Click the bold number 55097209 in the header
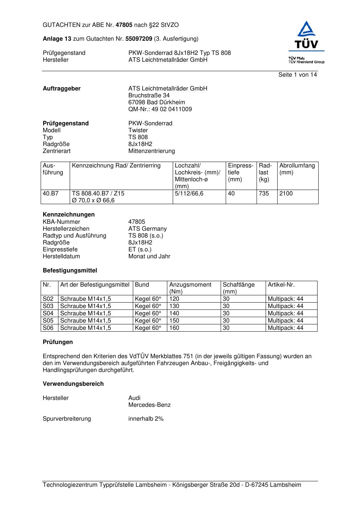(x=139, y=39)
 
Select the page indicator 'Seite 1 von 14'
(x=298, y=75)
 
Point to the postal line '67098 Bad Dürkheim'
(x=156, y=102)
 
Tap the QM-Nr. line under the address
(x=160, y=109)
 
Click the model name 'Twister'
(x=138, y=130)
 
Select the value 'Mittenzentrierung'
(x=151, y=151)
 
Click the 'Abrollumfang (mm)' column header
(x=297, y=169)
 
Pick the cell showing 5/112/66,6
(x=189, y=194)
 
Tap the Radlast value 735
(x=264, y=194)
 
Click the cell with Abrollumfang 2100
(x=286, y=194)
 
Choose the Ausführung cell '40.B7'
(x=50, y=194)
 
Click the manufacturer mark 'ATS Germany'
(x=147, y=229)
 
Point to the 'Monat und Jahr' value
(x=149, y=256)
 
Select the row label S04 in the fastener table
(x=48, y=313)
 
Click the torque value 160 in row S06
(x=174, y=328)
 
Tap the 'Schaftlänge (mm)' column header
(x=238, y=288)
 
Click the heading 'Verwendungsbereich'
(x=73, y=384)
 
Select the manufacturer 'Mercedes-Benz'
(x=149, y=405)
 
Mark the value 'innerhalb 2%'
(x=146, y=419)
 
